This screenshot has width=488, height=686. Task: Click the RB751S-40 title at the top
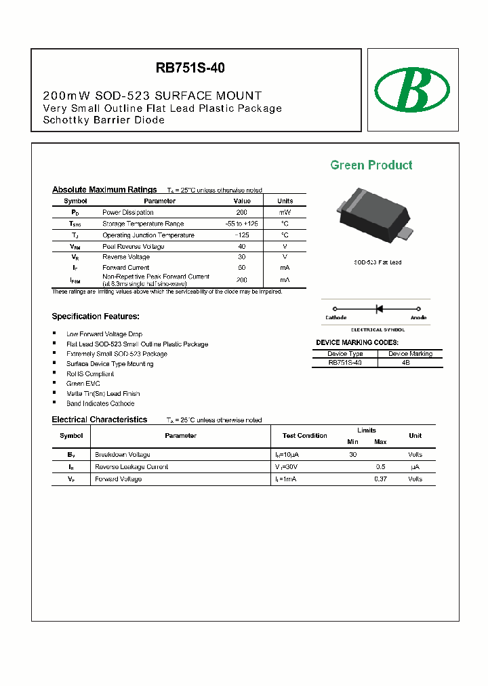[190, 68]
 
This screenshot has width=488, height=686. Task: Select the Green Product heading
[371, 165]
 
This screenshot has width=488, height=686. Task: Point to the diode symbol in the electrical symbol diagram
[379, 309]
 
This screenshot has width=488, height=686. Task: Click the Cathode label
[335, 317]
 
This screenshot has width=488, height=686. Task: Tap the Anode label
[418, 317]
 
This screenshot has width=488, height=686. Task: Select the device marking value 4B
[405, 363]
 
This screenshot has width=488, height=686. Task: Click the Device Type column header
[345, 353]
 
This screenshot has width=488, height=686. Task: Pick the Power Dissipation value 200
[242, 212]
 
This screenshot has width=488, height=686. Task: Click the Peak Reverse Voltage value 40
[242, 246]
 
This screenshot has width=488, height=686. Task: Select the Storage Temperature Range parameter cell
[143, 224]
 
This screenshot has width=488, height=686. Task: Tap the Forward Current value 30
[242, 268]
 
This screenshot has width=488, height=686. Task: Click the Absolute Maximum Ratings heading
[104, 190]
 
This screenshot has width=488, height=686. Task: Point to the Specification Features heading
[96, 317]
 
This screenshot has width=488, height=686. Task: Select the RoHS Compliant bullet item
[90, 374]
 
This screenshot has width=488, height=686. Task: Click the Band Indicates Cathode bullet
[100, 403]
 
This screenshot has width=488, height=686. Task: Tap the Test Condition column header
[304, 435]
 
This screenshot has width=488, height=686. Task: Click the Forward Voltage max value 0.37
[380, 479]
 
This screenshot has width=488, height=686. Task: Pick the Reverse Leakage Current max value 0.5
[380, 467]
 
